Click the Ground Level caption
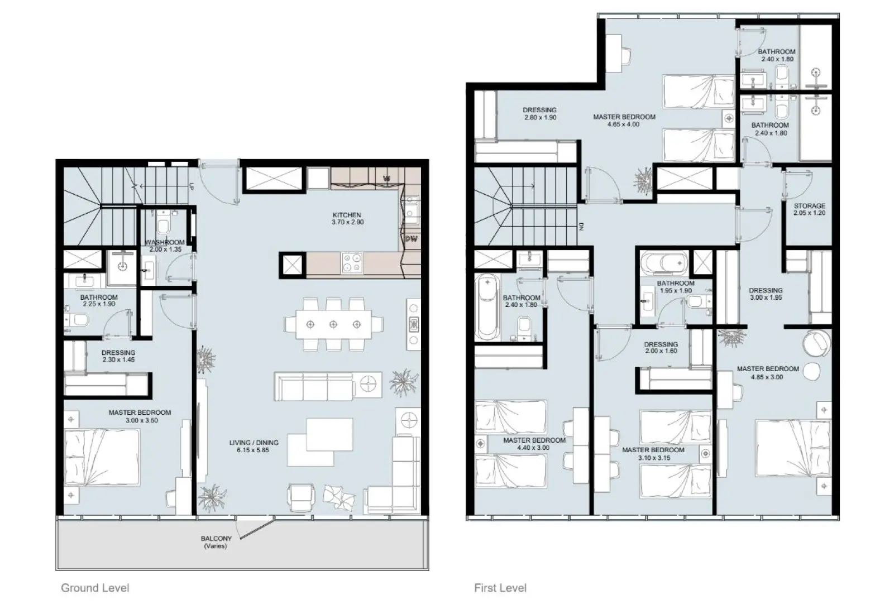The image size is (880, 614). tap(95, 588)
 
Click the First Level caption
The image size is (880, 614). tap(500, 588)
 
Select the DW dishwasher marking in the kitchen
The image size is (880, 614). tap(411, 239)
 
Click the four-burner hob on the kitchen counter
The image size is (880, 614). tap(352, 263)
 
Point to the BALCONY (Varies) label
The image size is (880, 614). tap(216, 542)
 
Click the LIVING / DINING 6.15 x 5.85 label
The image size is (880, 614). tap(254, 446)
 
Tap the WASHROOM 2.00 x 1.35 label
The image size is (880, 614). tap(165, 246)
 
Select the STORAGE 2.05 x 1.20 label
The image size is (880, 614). tap(809, 209)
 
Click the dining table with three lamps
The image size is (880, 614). tap(333, 324)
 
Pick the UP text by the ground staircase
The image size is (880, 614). tap(191, 187)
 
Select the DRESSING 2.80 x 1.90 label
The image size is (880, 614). tap(539, 114)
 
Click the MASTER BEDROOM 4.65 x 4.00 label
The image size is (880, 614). tap(624, 121)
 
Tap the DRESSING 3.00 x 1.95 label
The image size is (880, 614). tap(766, 294)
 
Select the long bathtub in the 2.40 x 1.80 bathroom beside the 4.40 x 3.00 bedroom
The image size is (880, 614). tap(486, 308)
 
